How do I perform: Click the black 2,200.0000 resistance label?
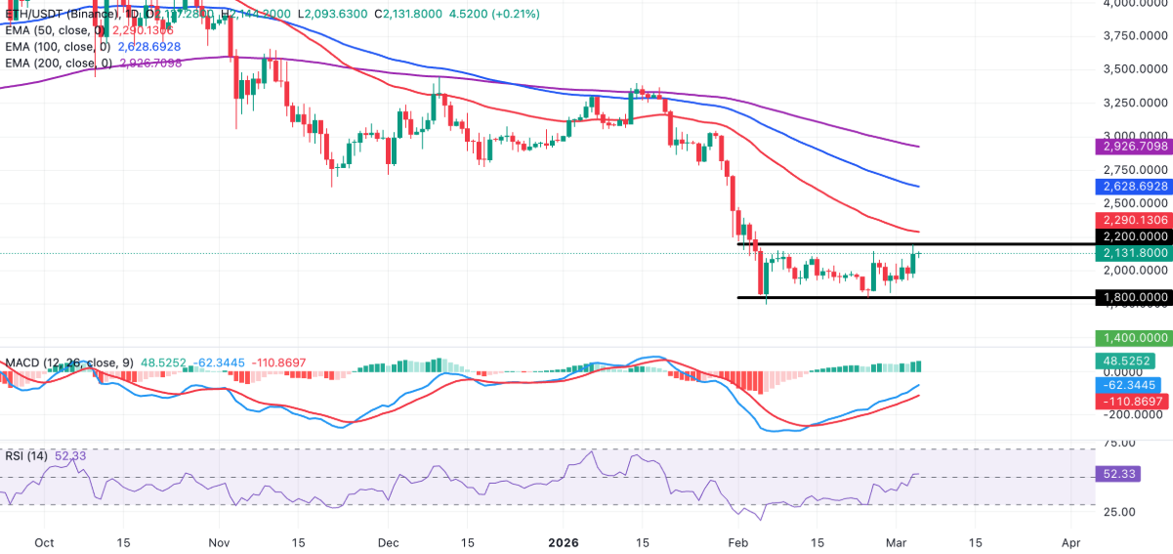point(1134,236)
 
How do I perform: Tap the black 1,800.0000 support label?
point(1134,297)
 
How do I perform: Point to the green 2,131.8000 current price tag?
point(1134,252)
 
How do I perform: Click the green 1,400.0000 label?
point(1134,338)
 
